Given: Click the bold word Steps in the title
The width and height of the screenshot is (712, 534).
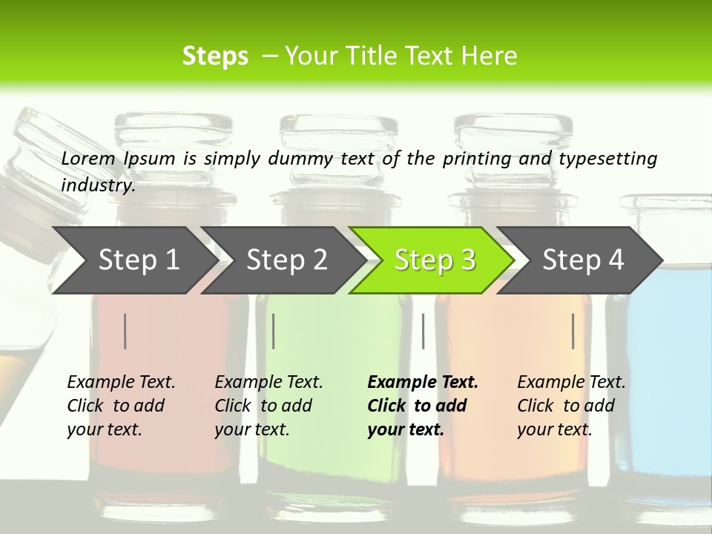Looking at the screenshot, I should point(215,56).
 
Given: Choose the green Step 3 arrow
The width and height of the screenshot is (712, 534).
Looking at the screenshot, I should point(435,260).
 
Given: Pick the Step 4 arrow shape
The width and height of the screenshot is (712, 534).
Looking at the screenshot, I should point(583,260).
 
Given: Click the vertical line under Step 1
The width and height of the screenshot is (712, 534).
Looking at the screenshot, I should point(125,331).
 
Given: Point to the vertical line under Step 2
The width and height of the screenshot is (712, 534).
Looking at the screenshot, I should point(274,331).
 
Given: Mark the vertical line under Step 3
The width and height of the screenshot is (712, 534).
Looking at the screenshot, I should point(423,331).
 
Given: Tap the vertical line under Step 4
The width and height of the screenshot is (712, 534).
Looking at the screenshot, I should point(573,331).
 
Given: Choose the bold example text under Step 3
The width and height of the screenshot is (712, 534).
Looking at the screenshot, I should point(422,406).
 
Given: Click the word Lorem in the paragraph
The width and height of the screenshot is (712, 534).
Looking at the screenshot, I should point(88,159).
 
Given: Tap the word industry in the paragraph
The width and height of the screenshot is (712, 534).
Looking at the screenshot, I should point(98,185).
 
